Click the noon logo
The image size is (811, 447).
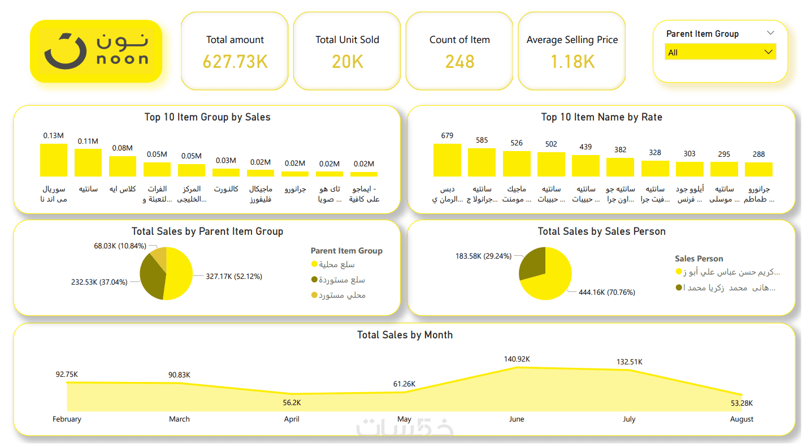click(x=96, y=51)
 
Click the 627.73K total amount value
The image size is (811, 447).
click(x=235, y=61)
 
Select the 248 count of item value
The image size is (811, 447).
click(x=459, y=61)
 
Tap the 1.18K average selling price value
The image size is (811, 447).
click(x=572, y=61)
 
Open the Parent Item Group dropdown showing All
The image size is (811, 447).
click(x=720, y=53)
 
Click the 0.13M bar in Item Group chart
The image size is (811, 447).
click(x=54, y=160)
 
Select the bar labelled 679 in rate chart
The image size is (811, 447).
click(x=447, y=160)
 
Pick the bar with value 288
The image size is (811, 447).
click(x=758, y=170)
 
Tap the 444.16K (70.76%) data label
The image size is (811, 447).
click(x=606, y=293)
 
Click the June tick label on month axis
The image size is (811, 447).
click(x=517, y=419)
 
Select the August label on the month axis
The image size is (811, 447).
click(x=741, y=419)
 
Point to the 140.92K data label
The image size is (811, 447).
click(x=517, y=359)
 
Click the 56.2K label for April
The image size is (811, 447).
click(x=292, y=403)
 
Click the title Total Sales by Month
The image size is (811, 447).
click(x=405, y=335)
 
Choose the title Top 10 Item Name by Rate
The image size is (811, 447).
click(x=601, y=117)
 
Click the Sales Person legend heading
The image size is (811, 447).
click(x=699, y=259)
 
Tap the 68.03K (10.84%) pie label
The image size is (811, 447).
click(x=120, y=246)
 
